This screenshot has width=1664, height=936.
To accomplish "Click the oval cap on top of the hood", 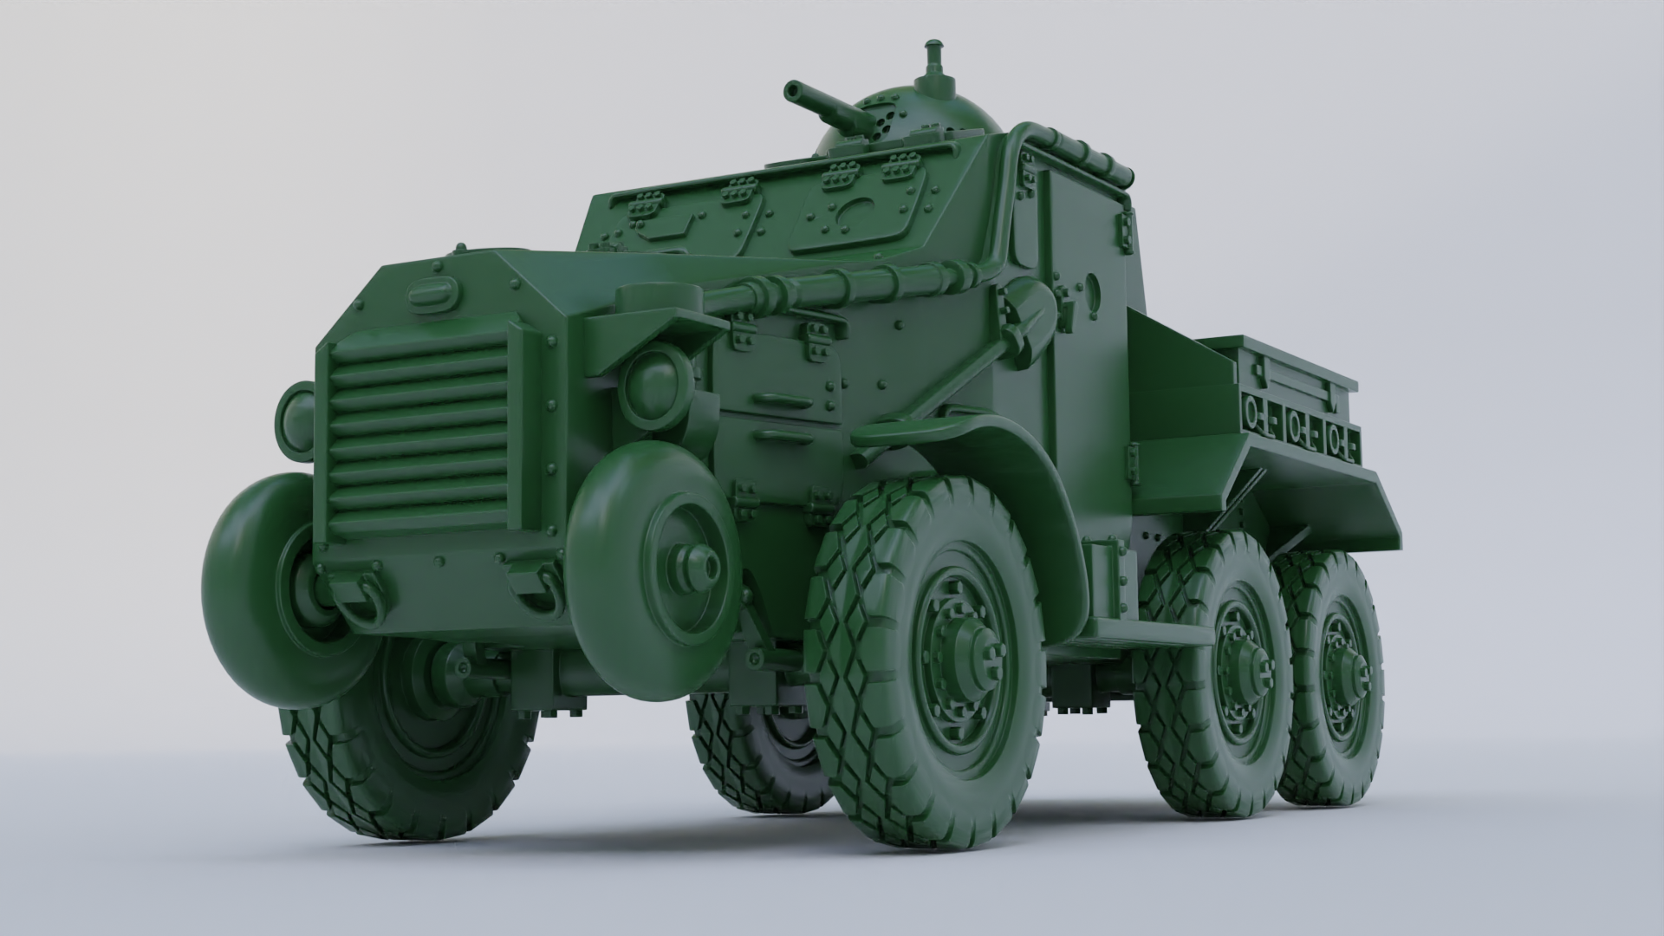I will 432,296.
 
